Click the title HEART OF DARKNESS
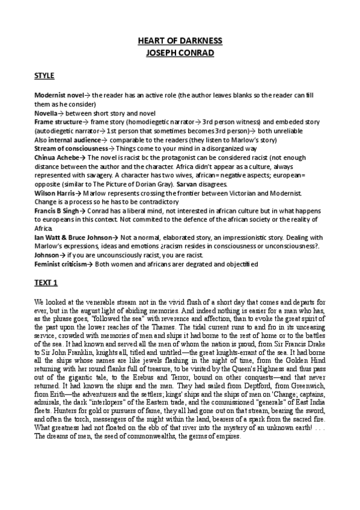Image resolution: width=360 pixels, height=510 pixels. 180,41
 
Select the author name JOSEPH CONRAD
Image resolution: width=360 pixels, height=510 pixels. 180,53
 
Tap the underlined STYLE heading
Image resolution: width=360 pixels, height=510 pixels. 44,76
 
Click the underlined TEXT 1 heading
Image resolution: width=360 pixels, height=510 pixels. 45,282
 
